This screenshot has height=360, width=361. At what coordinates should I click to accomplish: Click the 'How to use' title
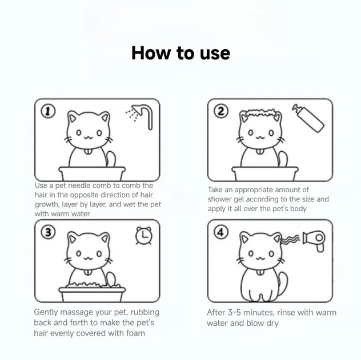click(x=181, y=53)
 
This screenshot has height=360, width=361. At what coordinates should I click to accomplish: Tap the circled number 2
click(x=221, y=111)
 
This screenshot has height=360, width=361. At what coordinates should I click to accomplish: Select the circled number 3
click(x=49, y=233)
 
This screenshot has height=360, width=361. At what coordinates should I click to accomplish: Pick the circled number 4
click(x=221, y=233)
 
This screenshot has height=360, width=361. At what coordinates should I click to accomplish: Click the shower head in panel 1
click(x=142, y=114)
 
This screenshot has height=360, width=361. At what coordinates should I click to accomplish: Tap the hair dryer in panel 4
click(x=312, y=240)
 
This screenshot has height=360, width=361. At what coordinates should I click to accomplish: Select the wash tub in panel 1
click(x=91, y=173)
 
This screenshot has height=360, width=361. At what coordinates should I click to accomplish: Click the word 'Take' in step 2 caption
click(x=216, y=190)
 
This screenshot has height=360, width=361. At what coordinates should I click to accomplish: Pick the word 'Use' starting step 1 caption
click(x=41, y=185)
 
